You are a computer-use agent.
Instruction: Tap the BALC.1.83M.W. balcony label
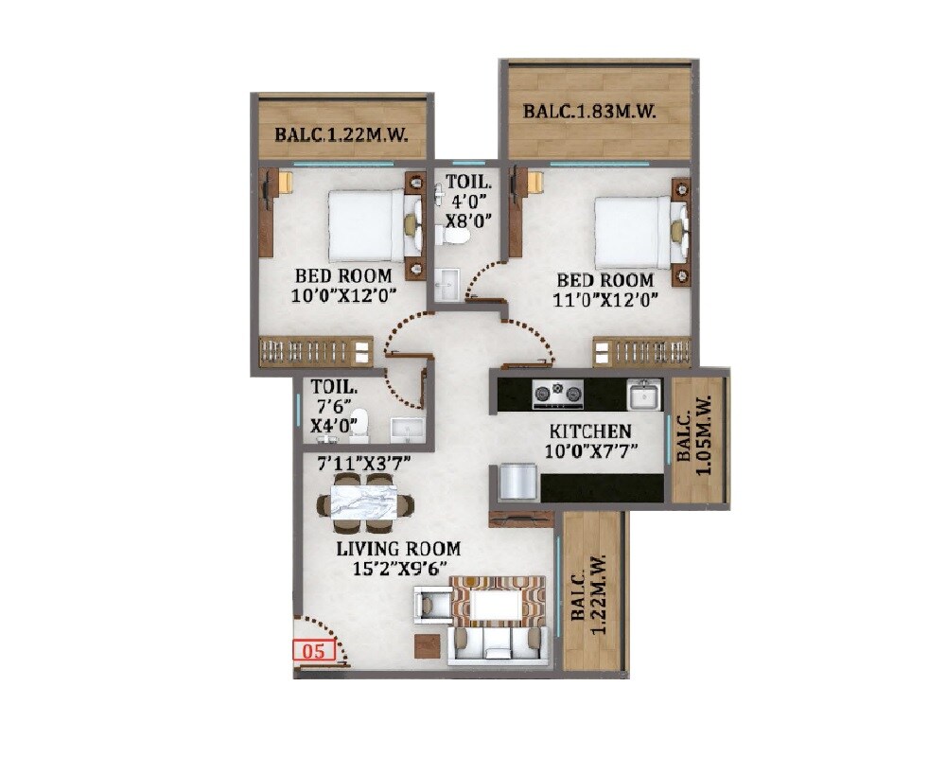point(590,112)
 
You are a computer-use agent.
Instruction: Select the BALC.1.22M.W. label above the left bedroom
point(341,135)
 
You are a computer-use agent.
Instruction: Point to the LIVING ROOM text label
point(398,549)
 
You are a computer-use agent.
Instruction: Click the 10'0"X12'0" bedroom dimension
point(342,295)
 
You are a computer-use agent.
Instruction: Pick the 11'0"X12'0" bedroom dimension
point(605,299)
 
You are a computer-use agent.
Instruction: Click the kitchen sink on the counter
point(644,394)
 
